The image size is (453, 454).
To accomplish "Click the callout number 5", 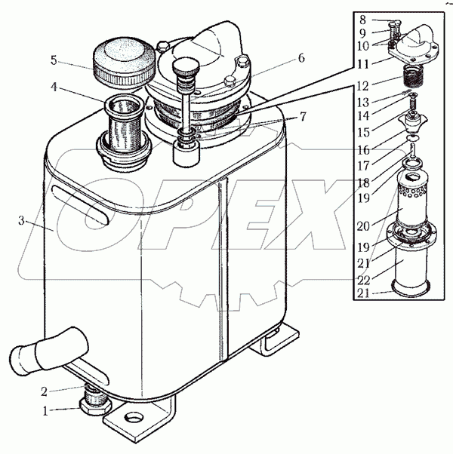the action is [54, 60].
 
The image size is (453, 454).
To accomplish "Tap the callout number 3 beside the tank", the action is [21, 221].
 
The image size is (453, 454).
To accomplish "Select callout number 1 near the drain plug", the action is [45, 411].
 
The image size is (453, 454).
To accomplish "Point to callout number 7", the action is [302, 117].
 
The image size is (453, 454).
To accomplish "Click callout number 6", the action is [301, 58].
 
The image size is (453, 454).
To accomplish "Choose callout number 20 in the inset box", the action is [363, 226].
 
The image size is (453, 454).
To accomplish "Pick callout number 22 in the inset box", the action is [363, 280].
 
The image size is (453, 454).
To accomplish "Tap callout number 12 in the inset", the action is [362, 86].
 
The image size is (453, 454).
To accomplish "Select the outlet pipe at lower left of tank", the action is [48, 351].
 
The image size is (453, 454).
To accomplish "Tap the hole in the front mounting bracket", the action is [134, 418].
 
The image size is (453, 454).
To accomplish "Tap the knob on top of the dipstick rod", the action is [186, 66].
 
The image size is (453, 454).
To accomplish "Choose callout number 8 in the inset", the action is [362, 20].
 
